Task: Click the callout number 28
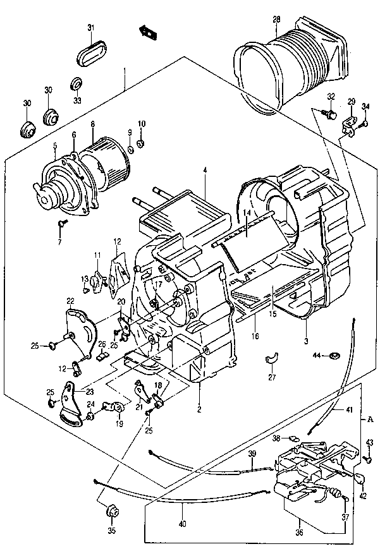(277, 19)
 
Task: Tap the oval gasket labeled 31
(91, 54)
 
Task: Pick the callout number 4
(205, 171)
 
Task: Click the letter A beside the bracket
(370, 420)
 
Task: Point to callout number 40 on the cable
(183, 523)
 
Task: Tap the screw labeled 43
(368, 459)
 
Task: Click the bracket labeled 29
(350, 126)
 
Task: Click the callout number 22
(71, 301)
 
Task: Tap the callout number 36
(300, 532)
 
